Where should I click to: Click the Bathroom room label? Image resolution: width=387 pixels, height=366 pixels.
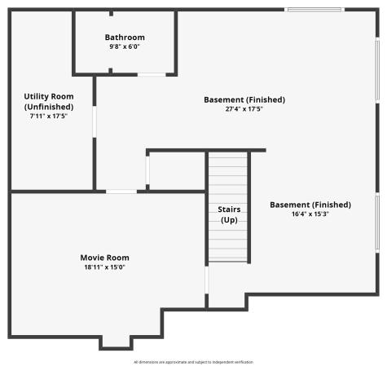coord(125,37)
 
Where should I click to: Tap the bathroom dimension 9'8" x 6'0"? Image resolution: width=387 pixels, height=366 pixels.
coord(125,47)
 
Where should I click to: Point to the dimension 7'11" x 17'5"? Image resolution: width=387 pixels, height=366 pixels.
coord(49,117)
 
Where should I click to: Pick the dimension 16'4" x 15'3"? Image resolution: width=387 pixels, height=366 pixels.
coord(310,214)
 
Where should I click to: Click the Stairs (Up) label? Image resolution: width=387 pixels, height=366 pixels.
coord(228,214)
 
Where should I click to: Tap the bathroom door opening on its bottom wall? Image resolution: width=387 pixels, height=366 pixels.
coord(150,74)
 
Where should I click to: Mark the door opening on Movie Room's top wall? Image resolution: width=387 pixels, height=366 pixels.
coord(121,191)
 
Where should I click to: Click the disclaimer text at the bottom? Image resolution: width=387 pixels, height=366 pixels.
coord(193,361)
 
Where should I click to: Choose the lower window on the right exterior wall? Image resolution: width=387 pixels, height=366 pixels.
coord(377,222)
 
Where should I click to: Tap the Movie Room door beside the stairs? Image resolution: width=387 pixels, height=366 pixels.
coord(207,280)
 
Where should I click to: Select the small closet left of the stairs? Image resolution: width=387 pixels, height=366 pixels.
coord(174,171)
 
